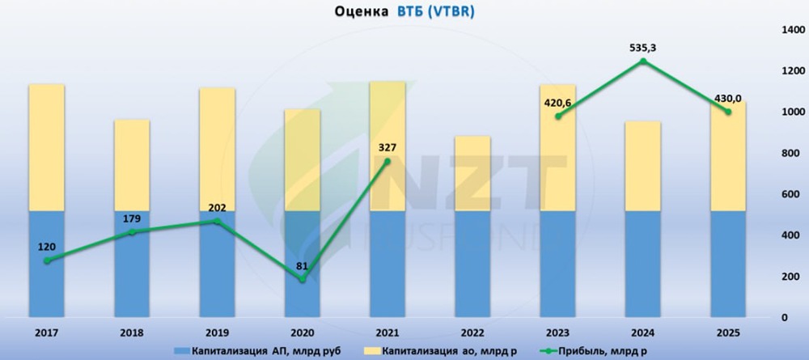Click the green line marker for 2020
pyautogui.click(x=302, y=279)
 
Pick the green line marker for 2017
pyautogui.click(x=47, y=260)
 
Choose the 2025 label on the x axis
pyautogui.click(x=728, y=332)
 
